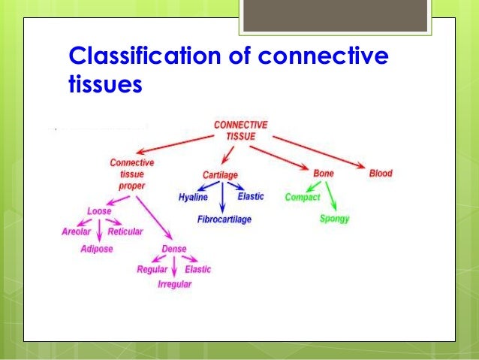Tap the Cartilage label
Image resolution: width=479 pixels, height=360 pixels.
pyautogui.click(x=220, y=174)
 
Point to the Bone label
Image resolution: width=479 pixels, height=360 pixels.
pyautogui.click(x=324, y=173)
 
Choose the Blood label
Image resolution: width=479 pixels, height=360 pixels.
pyautogui.click(x=380, y=173)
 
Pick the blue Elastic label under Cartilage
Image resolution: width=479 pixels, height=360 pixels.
pyautogui.click(x=251, y=197)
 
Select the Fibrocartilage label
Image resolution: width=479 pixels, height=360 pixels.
pyautogui.click(x=224, y=219)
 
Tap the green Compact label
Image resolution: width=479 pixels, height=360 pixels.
pyautogui.click(x=303, y=198)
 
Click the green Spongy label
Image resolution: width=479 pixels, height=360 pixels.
pyautogui.click(x=334, y=219)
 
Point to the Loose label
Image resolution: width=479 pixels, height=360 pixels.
pyautogui.click(x=99, y=211)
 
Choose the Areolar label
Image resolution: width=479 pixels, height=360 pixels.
pyautogui.click(x=76, y=231)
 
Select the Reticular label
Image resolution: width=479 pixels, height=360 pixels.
pyautogui.click(x=125, y=231)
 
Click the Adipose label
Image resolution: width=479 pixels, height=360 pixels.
pyautogui.click(x=96, y=250)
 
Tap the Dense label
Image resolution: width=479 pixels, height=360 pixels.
pyautogui.click(x=173, y=250)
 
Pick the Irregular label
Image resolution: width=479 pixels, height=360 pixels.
pyautogui.click(x=174, y=285)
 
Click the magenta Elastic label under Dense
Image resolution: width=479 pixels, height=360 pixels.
pyautogui.click(x=197, y=269)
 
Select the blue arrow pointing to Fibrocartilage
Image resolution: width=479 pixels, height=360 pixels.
pyautogui.click(x=222, y=198)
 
